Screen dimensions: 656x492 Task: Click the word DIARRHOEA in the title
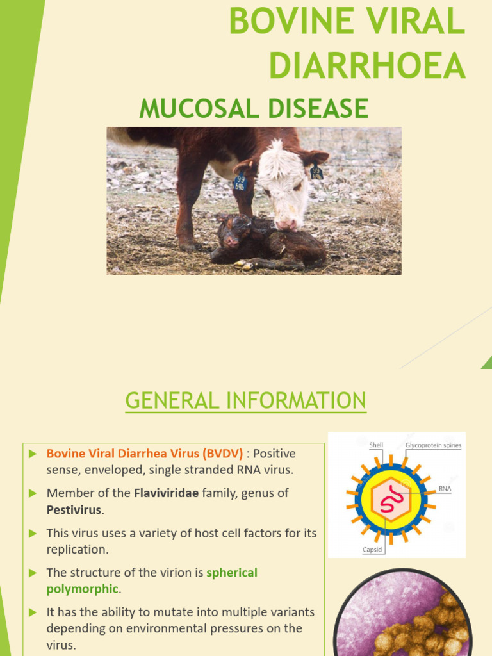coord(367,66)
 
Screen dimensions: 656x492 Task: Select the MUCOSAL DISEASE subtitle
coord(254,108)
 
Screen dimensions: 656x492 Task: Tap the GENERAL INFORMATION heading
coord(246,401)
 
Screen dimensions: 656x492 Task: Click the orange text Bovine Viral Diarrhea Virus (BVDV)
coord(145,454)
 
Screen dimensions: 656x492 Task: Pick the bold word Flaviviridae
coord(166,493)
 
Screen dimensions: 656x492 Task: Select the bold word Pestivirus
coord(74,510)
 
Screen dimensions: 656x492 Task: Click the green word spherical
coord(232,573)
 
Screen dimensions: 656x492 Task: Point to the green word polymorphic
coord(82,589)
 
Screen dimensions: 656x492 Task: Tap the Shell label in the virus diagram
coord(376,445)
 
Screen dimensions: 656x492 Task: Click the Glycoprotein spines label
coord(432,445)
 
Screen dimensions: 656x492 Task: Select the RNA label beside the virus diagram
coord(445,488)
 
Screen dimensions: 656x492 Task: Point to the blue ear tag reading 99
coord(240,183)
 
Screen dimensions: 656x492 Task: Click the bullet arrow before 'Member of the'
coord(33,493)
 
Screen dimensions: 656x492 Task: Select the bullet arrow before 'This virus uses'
coord(33,533)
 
